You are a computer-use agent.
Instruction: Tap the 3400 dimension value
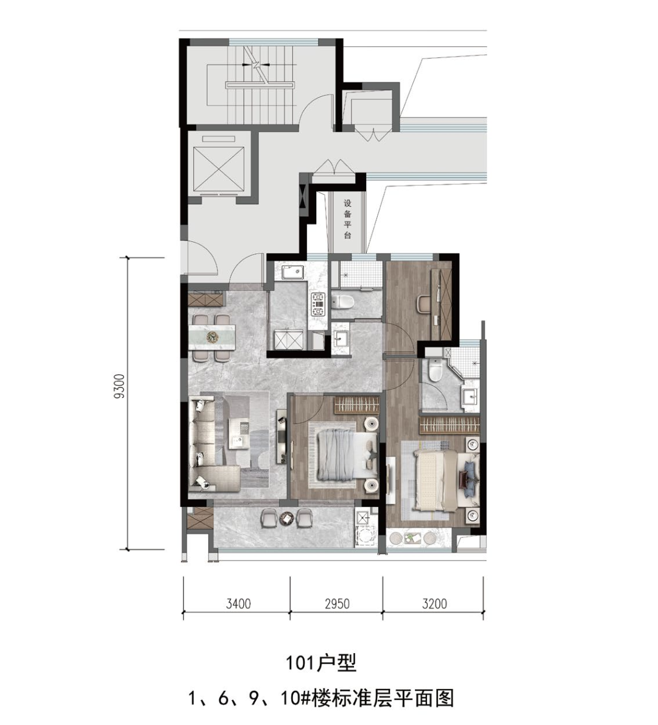point(238,603)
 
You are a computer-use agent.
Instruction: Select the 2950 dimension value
point(337,603)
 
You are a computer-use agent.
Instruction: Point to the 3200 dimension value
point(434,603)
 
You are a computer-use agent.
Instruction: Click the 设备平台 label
point(348,219)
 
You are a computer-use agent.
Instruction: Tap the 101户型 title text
point(321,663)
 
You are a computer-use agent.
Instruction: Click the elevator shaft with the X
point(219,168)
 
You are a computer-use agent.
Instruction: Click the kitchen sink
point(292,272)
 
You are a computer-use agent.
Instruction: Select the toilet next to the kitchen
point(342,301)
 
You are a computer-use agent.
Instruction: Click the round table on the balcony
point(287,519)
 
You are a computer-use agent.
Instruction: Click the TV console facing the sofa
point(281,436)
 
